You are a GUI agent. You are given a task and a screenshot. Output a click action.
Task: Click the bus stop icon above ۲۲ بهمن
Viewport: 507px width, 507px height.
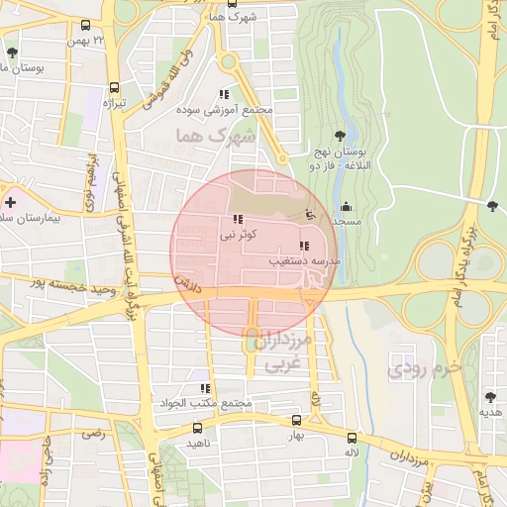click(x=86, y=25)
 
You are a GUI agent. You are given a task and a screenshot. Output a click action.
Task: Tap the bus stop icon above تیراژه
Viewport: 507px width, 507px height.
click(x=115, y=87)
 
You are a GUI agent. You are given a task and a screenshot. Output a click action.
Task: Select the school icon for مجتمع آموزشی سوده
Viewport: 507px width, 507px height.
click(x=236, y=94)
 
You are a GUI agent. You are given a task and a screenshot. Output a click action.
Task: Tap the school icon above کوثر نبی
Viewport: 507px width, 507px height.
click(x=236, y=220)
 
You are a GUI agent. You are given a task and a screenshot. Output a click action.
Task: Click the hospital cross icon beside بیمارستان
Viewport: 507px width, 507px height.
click(x=10, y=201)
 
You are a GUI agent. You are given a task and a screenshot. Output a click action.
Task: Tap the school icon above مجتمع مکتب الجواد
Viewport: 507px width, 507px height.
click(x=205, y=389)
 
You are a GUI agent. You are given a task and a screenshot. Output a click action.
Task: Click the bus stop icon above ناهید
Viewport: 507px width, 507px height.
click(x=197, y=429)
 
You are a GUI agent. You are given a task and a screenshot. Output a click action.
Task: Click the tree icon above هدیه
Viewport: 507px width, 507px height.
click(x=488, y=398)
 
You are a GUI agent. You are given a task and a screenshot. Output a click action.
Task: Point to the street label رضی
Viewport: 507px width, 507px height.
click(x=94, y=433)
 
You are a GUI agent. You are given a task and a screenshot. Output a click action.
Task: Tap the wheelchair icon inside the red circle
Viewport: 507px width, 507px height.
click(x=310, y=213)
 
